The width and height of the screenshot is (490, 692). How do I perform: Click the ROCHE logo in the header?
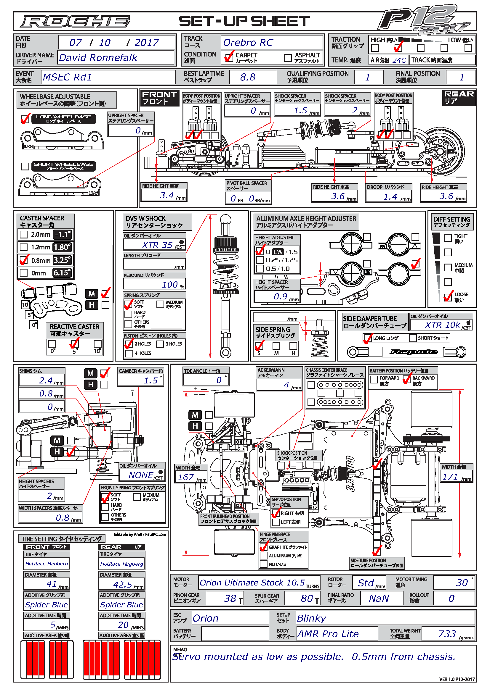(x=75, y=21)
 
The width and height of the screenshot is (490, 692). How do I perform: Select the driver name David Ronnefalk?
(x=98, y=58)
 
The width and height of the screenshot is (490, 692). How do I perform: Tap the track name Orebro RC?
(x=248, y=43)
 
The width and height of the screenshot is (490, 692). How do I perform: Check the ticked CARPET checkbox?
(x=228, y=57)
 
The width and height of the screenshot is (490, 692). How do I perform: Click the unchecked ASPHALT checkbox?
(x=288, y=57)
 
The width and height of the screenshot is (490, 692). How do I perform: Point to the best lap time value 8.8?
(x=248, y=77)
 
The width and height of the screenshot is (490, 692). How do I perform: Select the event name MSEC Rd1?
(x=67, y=77)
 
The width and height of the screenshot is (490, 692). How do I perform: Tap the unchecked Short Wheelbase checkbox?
(x=25, y=166)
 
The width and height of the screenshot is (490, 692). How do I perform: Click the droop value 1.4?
(x=390, y=197)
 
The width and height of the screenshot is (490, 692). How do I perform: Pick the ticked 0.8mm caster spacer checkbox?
(x=23, y=260)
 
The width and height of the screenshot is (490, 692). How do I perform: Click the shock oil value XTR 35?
(x=157, y=245)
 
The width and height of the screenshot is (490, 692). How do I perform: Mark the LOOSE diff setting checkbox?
(x=448, y=297)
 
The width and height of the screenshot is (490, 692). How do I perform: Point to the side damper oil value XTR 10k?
(x=442, y=325)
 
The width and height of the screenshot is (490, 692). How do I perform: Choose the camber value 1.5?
(x=150, y=380)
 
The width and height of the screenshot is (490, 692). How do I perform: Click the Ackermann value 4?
(x=286, y=385)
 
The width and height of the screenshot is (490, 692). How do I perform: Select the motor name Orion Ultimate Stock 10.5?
(x=252, y=583)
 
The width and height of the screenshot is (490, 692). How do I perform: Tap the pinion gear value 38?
(x=230, y=598)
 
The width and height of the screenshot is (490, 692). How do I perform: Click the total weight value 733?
(x=447, y=634)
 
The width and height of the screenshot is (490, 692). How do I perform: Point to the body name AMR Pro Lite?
(x=328, y=634)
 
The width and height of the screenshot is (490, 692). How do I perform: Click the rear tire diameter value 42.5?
(x=123, y=585)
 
